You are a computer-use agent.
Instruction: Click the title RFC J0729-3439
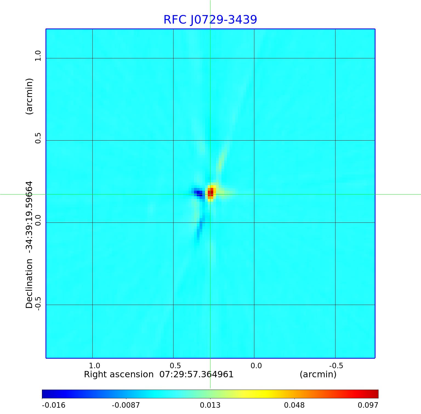(x=210, y=20)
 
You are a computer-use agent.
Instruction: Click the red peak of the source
(x=210, y=193)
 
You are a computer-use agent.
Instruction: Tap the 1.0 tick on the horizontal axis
(x=95, y=366)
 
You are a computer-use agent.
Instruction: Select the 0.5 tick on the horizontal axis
(x=175, y=366)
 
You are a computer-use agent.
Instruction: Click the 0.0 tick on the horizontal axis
(x=256, y=366)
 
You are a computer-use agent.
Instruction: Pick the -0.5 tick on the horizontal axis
(x=336, y=366)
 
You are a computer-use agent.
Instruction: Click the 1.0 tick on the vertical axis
(x=38, y=56)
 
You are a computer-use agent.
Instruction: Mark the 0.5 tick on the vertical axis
(x=38, y=138)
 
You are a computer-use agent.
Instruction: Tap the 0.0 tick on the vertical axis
(x=38, y=220)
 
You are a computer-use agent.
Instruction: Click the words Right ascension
(x=119, y=374)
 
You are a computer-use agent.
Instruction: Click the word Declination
(x=29, y=284)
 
